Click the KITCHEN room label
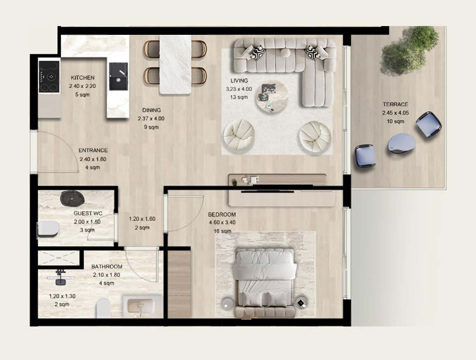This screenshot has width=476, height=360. [83, 78]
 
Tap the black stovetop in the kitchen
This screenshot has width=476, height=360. [49, 77]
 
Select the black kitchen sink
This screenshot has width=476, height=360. [118, 77]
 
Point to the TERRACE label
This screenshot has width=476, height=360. [395, 104]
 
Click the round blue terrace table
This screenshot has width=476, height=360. [402, 143]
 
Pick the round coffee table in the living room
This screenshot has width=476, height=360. [272, 96]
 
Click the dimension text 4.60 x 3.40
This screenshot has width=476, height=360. [222, 222]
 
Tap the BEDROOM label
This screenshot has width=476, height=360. [222, 214]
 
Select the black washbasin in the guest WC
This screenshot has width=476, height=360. [71, 198]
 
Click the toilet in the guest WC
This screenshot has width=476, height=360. [48, 228]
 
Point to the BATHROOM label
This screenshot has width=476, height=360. [107, 267]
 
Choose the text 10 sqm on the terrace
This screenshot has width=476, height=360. [395, 122]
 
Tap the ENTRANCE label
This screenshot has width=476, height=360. [93, 150]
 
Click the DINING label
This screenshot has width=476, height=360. [152, 110]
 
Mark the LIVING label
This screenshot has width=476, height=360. [239, 81]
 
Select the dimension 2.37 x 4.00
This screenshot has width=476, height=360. [151, 119]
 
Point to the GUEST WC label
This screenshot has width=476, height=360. [88, 214]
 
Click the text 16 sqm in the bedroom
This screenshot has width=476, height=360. [222, 231]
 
